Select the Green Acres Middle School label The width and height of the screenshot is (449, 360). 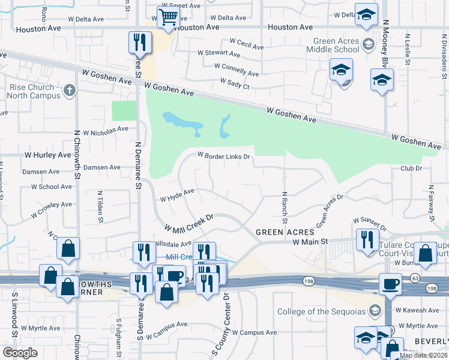point(336,46)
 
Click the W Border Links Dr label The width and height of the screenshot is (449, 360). point(224,157)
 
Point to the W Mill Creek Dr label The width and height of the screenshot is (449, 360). point(190,223)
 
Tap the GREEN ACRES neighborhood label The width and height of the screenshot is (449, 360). point(285,232)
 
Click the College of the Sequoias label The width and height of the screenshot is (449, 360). point(322,311)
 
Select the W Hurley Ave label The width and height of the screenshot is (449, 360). point(47,155)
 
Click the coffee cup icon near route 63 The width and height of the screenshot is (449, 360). point(391,284)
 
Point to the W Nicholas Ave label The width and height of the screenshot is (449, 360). point(106,128)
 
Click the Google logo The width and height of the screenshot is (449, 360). point(20,352)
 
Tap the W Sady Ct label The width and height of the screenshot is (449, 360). point(235,83)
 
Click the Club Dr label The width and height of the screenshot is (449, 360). point(411,169)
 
